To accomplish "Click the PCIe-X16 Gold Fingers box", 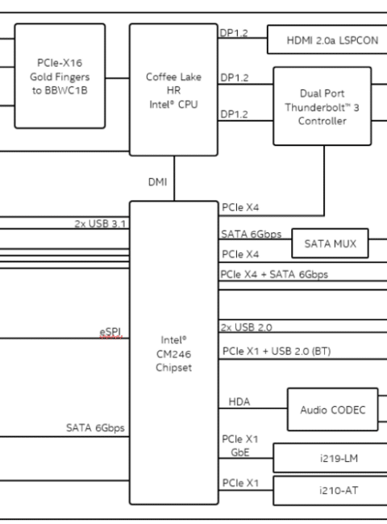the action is pos(60,76).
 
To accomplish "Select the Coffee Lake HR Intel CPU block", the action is pos(174,89).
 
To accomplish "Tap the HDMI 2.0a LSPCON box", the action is pos(327,40).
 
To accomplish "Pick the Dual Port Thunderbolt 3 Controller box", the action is pos(322,106).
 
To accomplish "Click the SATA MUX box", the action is pos(331,243).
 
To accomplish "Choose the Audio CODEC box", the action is pos(333,410).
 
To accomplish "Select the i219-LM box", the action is pos(331,458).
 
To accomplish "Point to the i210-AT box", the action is pos(331,490).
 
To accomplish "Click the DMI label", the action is pos(157,182).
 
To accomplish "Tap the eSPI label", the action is pos(110,332).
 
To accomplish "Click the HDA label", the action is pos(239,401).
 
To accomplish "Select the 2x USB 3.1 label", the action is pos(100,223).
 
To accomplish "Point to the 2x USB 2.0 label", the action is pos(246,327).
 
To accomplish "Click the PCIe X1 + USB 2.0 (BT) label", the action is pos(277,351).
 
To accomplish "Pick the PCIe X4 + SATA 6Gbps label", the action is pos(274,274).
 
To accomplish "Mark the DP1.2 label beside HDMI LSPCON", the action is pos(234,33).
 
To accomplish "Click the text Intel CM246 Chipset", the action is pos(174,354).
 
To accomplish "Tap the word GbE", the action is pos(240,452).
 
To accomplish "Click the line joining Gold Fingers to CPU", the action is pos(117,78).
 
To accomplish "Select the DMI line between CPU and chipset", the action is pos(174,178).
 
